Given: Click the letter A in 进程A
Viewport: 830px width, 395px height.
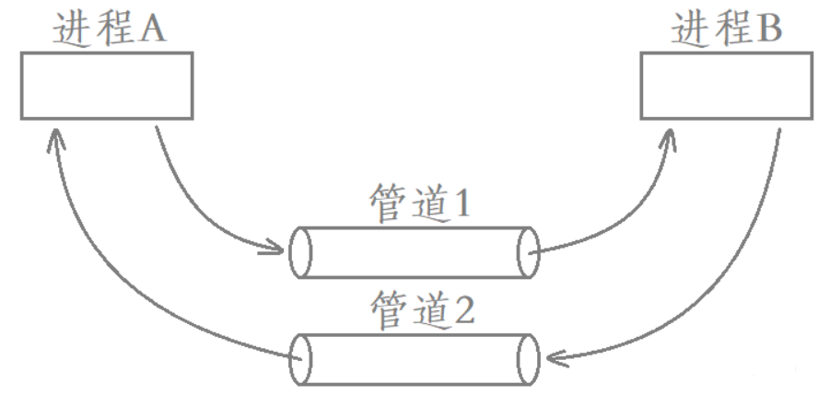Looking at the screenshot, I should point(154,30).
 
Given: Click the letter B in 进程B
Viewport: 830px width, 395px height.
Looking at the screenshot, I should point(772,30).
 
